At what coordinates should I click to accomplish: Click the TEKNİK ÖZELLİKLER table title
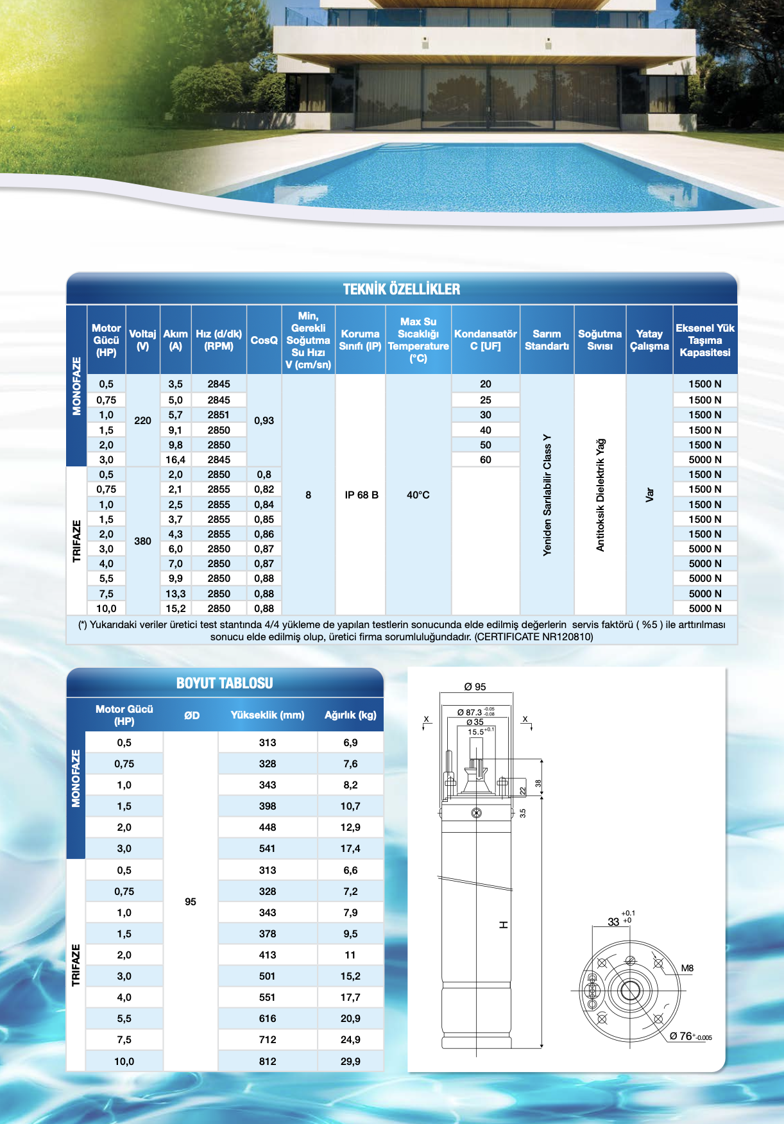point(402,289)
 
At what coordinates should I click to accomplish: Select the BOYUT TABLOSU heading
point(225,683)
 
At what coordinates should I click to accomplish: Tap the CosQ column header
point(264,340)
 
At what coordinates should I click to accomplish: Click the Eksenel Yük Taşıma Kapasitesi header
point(704,340)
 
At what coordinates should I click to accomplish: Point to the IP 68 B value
point(361,495)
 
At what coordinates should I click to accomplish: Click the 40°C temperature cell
point(418,495)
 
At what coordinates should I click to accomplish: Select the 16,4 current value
point(175,459)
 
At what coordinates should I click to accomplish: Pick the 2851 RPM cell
point(218,414)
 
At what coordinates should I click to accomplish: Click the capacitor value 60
point(485,459)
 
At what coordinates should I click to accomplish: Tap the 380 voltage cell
point(142,541)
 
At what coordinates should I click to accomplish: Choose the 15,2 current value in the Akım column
point(175,608)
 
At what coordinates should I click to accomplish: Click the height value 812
point(268,1061)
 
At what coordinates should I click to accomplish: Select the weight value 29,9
point(350,1061)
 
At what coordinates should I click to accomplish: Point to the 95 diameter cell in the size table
point(191,901)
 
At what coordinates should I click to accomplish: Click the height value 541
point(268,848)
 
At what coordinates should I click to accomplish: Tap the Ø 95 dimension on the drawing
point(475,686)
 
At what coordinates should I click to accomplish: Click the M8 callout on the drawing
point(687,968)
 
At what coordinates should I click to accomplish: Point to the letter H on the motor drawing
point(504,924)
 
